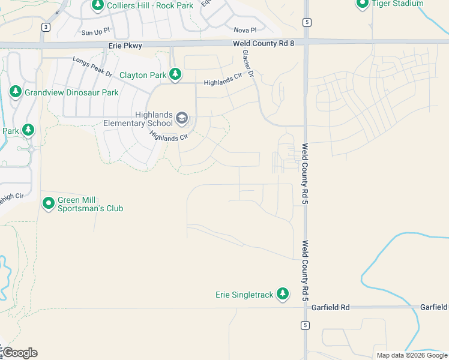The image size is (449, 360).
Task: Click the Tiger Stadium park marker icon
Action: click(x=362, y=4)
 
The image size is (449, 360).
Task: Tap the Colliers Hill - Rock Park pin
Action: click(x=98, y=5)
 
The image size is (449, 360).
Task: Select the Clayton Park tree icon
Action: click(x=175, y=75)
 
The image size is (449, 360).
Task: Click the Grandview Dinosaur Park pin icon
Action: click(x=16, y=92)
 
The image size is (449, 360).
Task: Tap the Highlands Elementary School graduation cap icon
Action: click(x=182, y=119)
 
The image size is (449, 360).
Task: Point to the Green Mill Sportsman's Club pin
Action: click(x=49, y=204)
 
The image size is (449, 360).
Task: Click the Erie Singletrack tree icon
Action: click(x=283, y=295)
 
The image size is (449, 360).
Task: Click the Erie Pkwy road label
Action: click(x=125, y=45)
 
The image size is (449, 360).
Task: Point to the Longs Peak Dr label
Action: click(x=92, y=68)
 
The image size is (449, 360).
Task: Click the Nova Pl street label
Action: click(x=245, y=30)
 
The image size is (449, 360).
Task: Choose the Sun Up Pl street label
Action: click(x=96, y=31)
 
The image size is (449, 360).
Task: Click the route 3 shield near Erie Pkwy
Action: click(x=46, y=26)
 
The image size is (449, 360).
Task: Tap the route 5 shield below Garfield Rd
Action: click(x=306, y=325)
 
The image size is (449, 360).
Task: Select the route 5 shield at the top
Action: click(x=306, y=22)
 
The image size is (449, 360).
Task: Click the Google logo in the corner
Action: click(x=20, y=353)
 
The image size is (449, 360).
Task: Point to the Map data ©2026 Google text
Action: click(x=411, y=355)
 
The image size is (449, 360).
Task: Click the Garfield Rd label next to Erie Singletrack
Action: click(x=330, y=307)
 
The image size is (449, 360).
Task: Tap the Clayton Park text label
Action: click(x=142, y=76)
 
